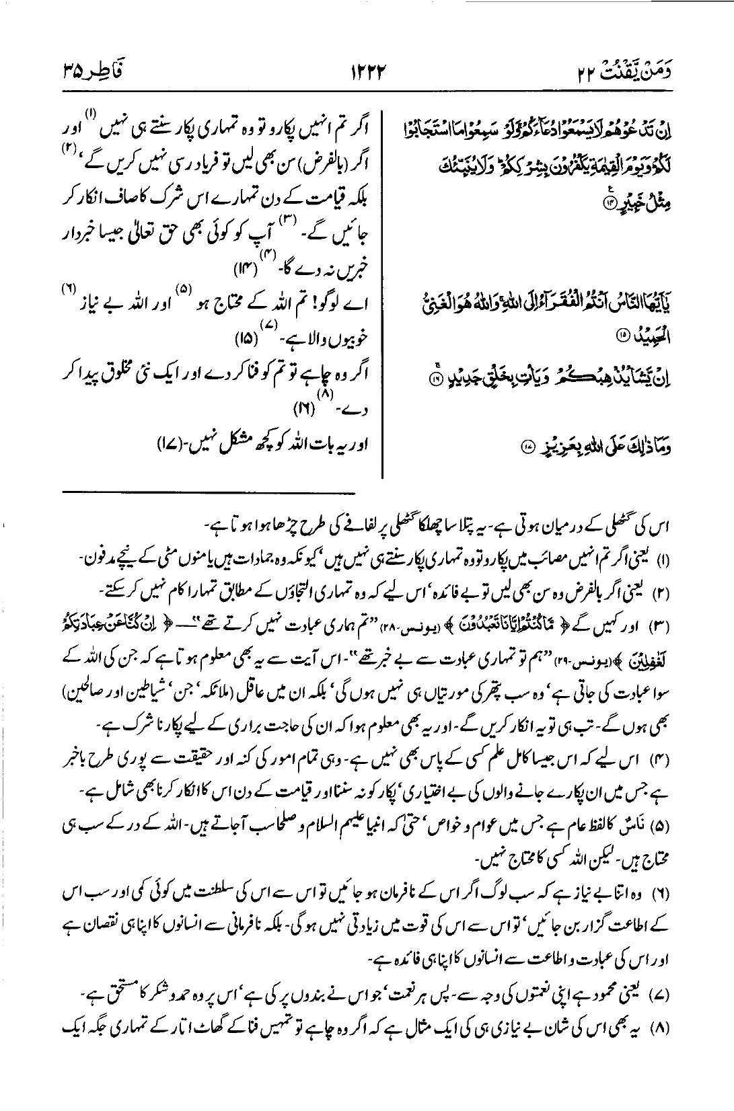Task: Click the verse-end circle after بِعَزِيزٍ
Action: (528, 446)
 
